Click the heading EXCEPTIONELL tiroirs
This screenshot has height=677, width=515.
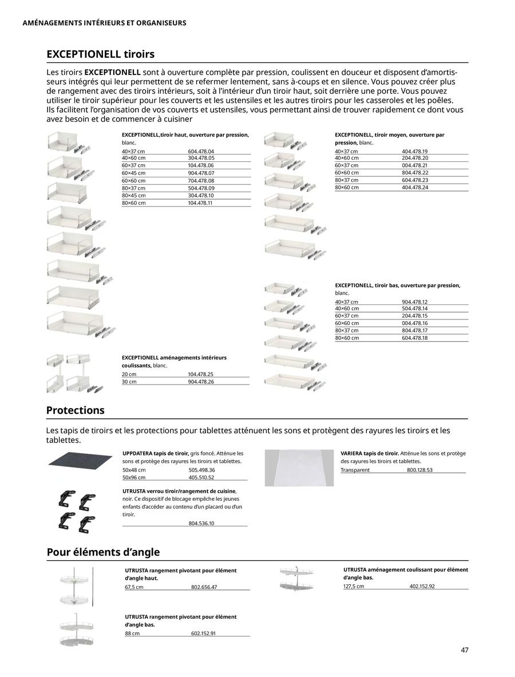click(x=100, y=54)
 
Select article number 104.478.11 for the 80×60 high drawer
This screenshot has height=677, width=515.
click(x=200, y=203)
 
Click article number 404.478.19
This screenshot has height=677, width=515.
click(x=415, y=151)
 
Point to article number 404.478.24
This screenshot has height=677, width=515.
click(x=415, y=187)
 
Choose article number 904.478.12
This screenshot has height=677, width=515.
click(x=415, y=302)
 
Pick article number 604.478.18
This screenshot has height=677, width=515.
click(x=415, y=338)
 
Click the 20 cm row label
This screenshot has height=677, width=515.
click(x=129, y=374)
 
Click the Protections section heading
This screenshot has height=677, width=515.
click(x=75, y=410)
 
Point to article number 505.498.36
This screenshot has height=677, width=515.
click(x=201, y=470)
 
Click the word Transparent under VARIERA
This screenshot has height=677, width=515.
click(x=355, y=470)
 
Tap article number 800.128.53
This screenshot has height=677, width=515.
click(x=419, y=470)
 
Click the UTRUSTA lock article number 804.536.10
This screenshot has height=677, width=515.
click(x=201, y=523)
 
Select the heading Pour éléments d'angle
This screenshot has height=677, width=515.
click(x=103, y=552)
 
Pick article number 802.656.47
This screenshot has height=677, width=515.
click(x=204, y=587)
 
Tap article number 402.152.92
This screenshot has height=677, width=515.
click(x=422, y=586)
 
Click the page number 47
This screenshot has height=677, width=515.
click(x=465, y=650)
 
